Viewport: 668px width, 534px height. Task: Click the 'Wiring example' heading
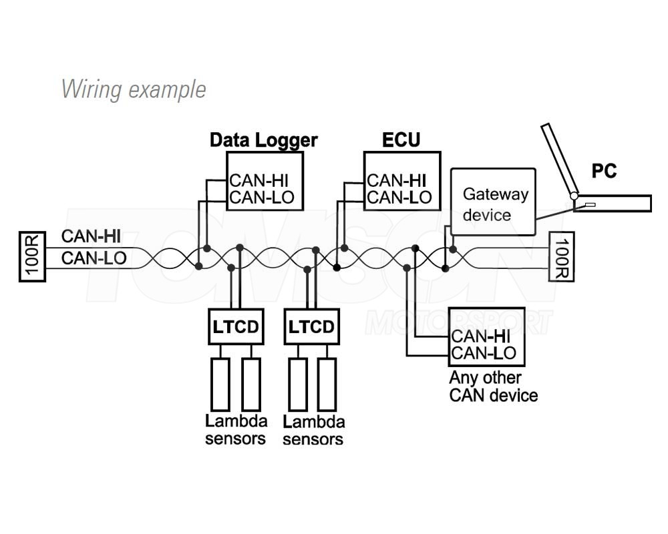(134, 89)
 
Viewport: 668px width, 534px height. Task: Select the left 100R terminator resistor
(32, 256)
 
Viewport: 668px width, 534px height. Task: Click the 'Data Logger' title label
(264, 140)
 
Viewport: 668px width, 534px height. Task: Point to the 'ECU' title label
(401, 140)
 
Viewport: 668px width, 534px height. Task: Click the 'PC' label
(604, 172)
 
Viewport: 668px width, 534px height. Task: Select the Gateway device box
(494, 202)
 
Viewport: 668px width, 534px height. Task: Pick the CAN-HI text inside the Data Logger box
(259, 180)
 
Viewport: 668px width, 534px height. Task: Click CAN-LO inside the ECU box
(399, 198)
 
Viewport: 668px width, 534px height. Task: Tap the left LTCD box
(235, 327)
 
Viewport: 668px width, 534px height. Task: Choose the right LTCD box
(311, 327)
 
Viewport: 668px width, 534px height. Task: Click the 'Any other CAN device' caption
(493, 386)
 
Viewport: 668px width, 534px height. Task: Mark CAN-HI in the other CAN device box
(484, 336)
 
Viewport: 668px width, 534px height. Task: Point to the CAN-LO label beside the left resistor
(94, 258)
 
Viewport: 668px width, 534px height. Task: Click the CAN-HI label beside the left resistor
(91, 236)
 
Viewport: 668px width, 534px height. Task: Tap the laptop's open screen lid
(560, 159)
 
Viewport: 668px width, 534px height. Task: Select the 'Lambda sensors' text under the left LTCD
(236, 429)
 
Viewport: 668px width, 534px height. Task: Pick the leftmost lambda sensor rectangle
(220, 384)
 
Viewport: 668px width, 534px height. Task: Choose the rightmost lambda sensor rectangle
(327, 384)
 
